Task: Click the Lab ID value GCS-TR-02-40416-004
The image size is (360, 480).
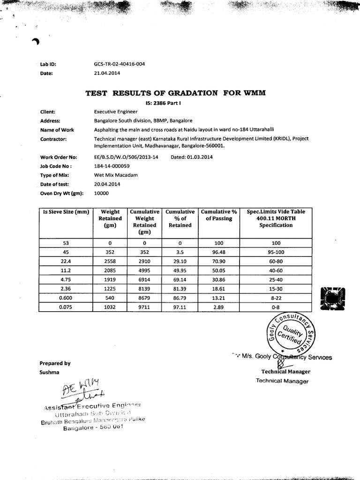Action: click(x=119, y=64)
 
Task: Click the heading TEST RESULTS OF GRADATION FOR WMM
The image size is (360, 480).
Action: click(x=175, y=93)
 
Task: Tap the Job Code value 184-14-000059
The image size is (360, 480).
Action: click(x=112, y=166)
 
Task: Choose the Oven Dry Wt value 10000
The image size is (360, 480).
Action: click(x=101, y=193)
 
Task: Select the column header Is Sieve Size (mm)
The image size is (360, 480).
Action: click(x=66, y=212)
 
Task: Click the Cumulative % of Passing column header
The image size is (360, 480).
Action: click(x=218, y=215)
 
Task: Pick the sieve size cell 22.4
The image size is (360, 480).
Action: click(x=66, y=261)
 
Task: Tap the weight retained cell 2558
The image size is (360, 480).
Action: click(x=110, y=261)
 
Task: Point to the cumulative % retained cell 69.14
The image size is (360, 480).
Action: click(x=180, y=279)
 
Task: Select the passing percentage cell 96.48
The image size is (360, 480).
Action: click(x=219, y=252)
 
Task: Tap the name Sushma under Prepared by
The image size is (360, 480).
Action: click(x=50, y=372)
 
